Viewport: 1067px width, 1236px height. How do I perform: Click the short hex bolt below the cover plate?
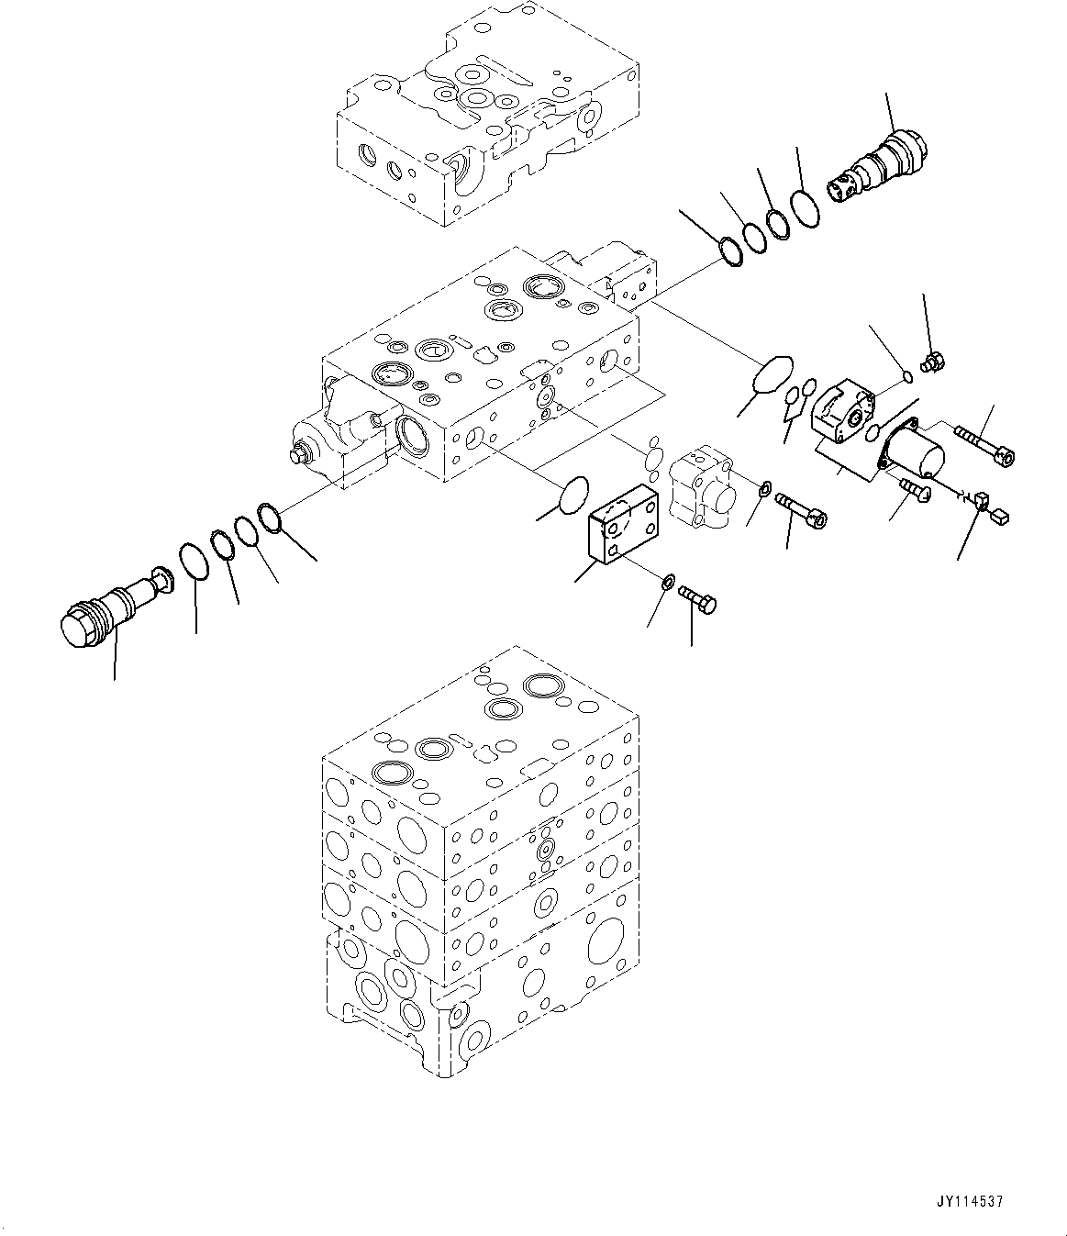click(698, 598)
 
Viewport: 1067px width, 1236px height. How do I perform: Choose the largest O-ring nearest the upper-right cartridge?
click(806, 207)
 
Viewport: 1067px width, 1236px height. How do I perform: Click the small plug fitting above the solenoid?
click(932, 363)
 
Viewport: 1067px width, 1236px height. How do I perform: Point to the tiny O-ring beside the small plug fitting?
click(907, 374)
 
